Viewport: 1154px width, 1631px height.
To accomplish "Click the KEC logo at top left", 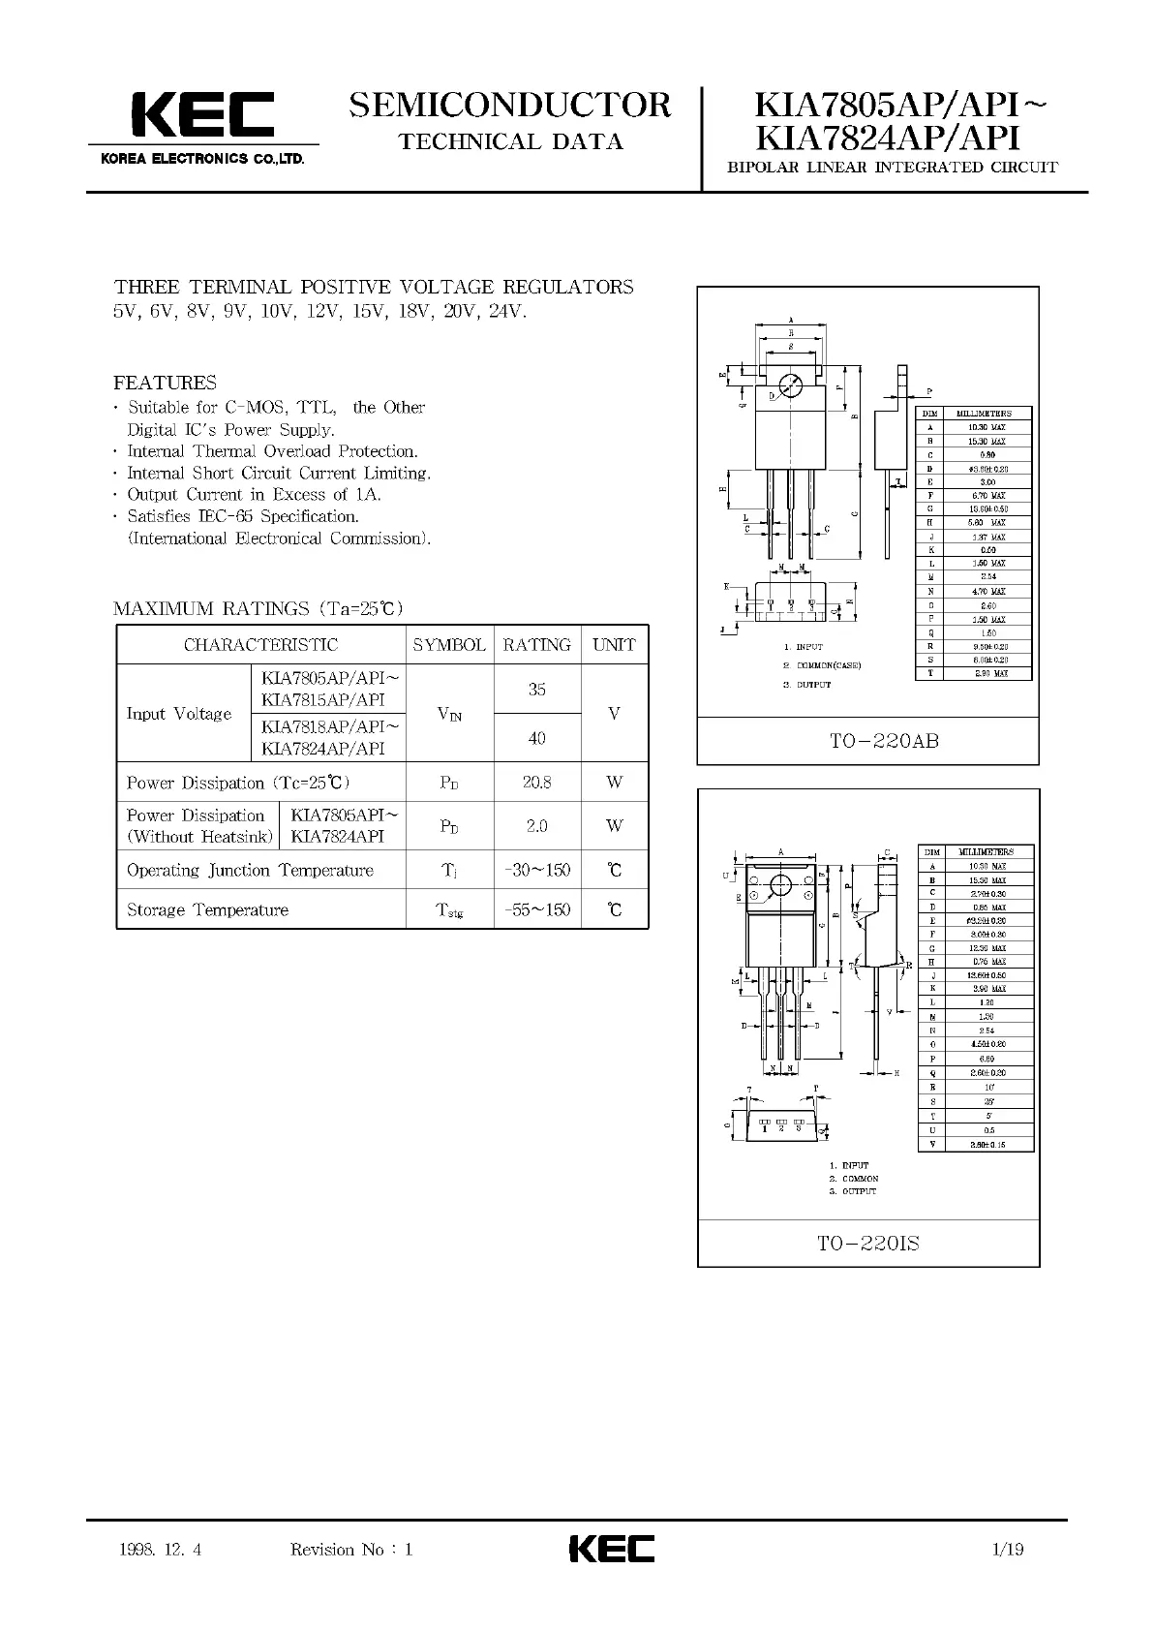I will [202, 118].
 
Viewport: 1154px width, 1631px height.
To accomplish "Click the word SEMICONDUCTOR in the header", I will [510, 105].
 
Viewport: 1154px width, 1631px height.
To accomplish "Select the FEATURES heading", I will [165, 383].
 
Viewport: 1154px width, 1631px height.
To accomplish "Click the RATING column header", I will [536, 645].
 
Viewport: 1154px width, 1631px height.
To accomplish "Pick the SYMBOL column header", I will [449, 645].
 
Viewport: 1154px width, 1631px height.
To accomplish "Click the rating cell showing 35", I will [536, 690].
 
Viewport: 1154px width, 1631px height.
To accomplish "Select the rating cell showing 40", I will [536, 738].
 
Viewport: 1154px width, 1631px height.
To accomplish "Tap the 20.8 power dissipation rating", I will [536, 783].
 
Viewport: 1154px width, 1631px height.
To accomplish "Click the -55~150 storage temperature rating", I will [537, 910].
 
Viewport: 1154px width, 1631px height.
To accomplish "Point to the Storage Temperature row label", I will [207, 910].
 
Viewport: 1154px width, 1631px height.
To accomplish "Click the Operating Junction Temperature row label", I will [250, 871].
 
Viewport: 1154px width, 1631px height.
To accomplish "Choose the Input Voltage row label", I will [179, 714].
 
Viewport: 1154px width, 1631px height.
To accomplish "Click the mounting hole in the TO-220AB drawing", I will [791, 385].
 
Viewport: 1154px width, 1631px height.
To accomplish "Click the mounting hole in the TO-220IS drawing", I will [779, 885].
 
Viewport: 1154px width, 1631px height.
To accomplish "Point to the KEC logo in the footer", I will [611, 1549].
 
